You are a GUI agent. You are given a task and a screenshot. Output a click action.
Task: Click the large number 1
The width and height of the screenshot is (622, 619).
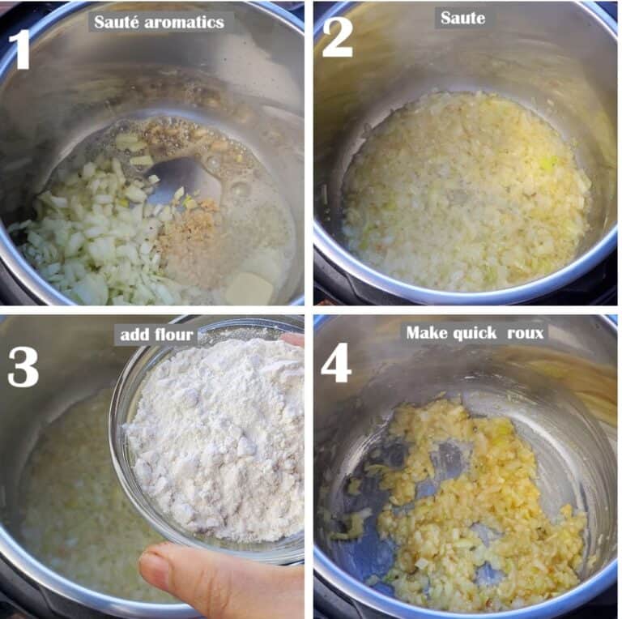pyautogui.click(x=19, y=50)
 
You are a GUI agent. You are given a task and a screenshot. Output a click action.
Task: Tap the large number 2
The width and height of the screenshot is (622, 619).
pyautogui.click(x=337, y=38)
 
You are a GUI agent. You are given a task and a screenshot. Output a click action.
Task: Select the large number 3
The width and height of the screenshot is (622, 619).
pyautogui.click(x=23, y=367)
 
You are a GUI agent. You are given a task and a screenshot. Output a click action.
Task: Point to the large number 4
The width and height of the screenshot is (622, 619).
pyautogui.click(x=336, y=363)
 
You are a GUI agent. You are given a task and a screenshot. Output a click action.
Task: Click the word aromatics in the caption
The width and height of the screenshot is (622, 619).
pyautogui.click(x=184, y=22)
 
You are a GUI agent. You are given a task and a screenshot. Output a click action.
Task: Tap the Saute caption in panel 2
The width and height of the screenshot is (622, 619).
pyautogui.click(x=462, y=19)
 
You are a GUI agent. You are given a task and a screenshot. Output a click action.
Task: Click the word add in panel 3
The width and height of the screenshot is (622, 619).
pyautogui.click(x=134, y=335)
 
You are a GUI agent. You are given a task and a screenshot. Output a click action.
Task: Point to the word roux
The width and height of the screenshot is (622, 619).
pyautogui.click(x=525, y=333)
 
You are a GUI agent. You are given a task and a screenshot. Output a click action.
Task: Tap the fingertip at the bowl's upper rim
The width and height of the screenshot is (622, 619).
pyautogui.click(x=292, y=339)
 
